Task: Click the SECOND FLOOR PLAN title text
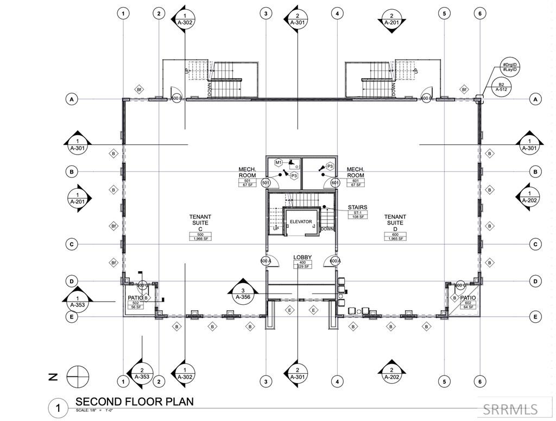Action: click(x=134, y=402)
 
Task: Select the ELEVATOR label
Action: click(x=301, y=222)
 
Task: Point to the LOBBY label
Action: click(x=301, y=257)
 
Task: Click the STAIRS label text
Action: click(x=358, y=207)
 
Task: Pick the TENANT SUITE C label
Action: click(x=200, y=223)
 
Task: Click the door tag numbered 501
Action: click(x=266, y=183)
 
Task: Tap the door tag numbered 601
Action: click(x=336, y=183)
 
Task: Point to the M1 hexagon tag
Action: click(x=278, y=163)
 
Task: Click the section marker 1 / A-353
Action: click(x=78, y=302)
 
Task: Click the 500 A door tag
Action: click(x=266, y=261)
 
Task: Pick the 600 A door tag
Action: click(x=335, y=261)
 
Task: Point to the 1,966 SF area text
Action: click(x=200, y=239)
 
